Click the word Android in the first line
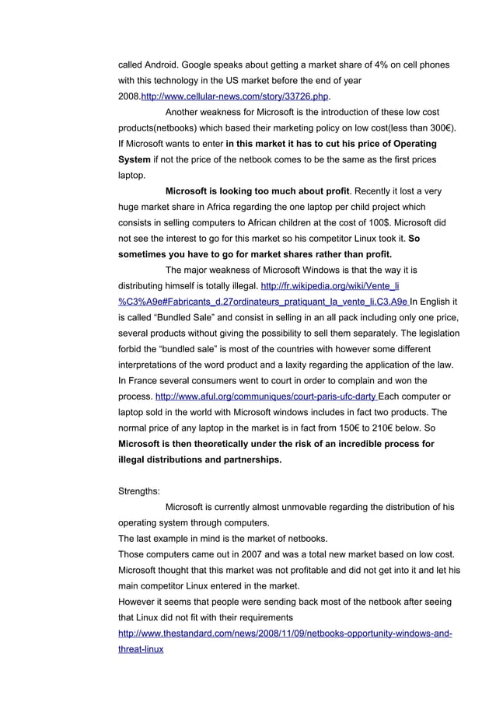pos(165,64)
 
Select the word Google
pos(207,64)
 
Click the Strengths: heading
pos(139,491)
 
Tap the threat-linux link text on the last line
pos(140,649)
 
